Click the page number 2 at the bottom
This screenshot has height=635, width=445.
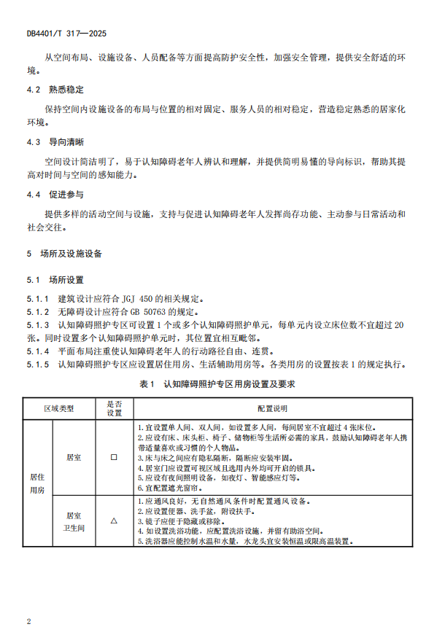click(28, 621)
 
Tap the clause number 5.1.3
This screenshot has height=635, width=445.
click(38, 324)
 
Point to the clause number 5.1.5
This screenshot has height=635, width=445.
click(38, 364)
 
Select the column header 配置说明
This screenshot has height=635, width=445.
click(272, 408)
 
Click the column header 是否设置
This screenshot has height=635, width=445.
click(115, 408)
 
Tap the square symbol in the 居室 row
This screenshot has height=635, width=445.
click(114, 457)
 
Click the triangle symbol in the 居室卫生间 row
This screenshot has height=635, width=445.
click(114, 521)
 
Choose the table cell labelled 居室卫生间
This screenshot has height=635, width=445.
click(73, 521)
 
